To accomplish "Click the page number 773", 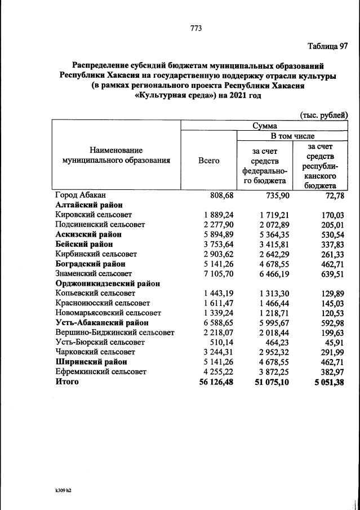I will pos(196,28).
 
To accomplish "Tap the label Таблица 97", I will pos(327,46).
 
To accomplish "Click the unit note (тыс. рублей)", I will pos(324,115).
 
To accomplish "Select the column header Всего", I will pos(208,160).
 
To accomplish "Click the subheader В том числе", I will pos(292,136).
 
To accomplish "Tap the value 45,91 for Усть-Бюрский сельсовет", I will pos(335,343).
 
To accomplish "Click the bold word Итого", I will pos(67,382).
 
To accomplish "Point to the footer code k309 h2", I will pos(60,490).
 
